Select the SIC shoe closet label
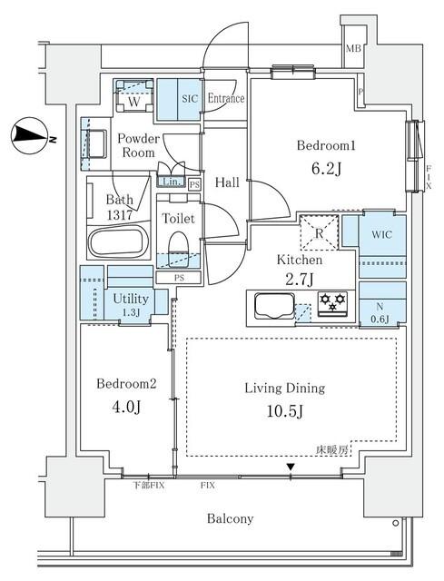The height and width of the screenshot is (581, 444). coord(190,98)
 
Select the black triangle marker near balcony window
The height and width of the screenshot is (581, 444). coord(291,468)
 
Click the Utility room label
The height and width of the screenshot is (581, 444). coord(131,298)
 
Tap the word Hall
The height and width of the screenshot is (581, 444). coord(227,182)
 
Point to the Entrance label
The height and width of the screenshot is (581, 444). coord(226,98)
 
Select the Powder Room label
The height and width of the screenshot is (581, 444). coord(139,145)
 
